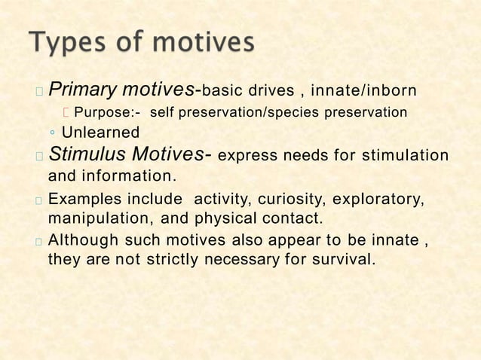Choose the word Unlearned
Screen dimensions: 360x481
(x=100, y=133)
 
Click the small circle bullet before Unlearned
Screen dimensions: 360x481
(x=52, y=134)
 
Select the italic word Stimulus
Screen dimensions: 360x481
(x=87, y=156)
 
